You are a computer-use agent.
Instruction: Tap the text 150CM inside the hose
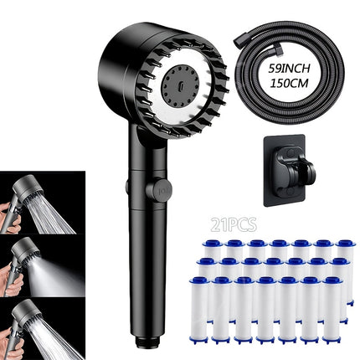[292, 85]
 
